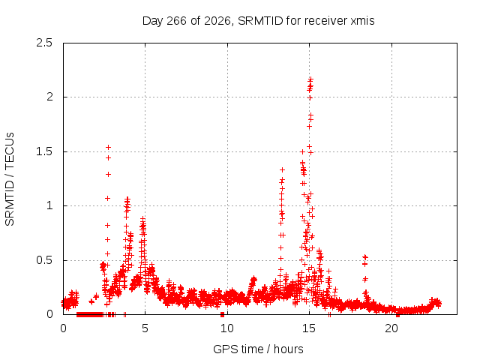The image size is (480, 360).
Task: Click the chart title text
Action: point(258,21)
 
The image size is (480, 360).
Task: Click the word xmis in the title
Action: point(362,21)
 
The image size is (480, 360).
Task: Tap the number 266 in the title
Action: point(177,21)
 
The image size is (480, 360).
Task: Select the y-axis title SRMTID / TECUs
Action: point(10,179)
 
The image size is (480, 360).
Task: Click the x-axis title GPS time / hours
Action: point(258,349)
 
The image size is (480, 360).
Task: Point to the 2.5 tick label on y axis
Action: point(44,43)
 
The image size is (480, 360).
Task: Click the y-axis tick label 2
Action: point(49,97)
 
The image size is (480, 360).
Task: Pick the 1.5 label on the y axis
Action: point(44,151)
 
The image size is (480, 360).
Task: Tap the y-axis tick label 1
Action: point(49,205)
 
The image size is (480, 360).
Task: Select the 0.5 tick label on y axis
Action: point(44,260)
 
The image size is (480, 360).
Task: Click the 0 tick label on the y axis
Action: point(49,314)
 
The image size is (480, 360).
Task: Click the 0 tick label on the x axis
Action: point(63,328)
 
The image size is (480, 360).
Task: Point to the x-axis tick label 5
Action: point(145,328)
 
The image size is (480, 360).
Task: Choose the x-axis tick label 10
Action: point(227,328)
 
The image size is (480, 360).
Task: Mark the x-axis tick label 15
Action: point(309,328)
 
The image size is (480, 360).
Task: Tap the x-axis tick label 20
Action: point(391,328)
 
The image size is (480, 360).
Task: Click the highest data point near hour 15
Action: point(310,79)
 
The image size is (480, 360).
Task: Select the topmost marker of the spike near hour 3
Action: point(108,148)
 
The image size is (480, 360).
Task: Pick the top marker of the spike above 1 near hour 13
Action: point(283,169)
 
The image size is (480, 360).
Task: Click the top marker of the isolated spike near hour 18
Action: point(364,257)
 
